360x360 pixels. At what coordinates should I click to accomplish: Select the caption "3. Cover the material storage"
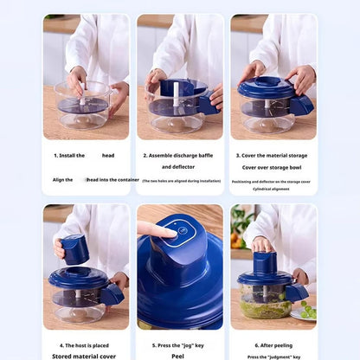[273, 155]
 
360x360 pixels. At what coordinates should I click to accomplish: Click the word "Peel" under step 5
[179, 356]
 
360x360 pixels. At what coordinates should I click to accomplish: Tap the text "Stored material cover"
[85, 356]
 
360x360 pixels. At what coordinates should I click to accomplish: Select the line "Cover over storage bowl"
[273, 168]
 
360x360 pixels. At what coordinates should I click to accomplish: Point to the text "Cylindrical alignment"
[273, 188]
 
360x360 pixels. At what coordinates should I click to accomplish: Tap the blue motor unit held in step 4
[75, 249]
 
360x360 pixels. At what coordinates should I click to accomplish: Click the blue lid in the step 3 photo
[267, 89]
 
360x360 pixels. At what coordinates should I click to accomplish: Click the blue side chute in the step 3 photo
[302, 105]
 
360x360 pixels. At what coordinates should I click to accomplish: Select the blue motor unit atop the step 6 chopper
[265, 262]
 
